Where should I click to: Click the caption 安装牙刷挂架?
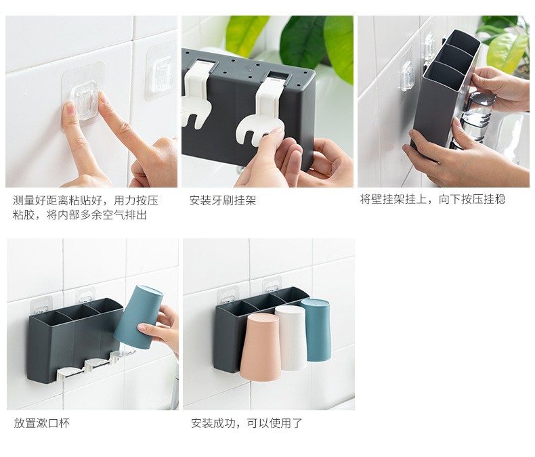click(x=222, y=200)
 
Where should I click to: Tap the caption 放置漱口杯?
click(x=41, y=423)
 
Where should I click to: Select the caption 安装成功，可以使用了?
click(x=247, y=423)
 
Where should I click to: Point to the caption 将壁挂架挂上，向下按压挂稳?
click(x=433, y=199)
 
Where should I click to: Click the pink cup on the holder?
click(x=260, y=347)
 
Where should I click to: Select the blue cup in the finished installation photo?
click(x=317, y=330)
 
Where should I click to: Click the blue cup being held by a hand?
click(x=138, y=318)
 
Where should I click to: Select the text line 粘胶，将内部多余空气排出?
click(x=80, y=215)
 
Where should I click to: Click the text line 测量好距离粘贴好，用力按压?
click(x=85, y=200)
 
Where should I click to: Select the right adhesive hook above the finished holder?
click(x=272, y=285)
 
